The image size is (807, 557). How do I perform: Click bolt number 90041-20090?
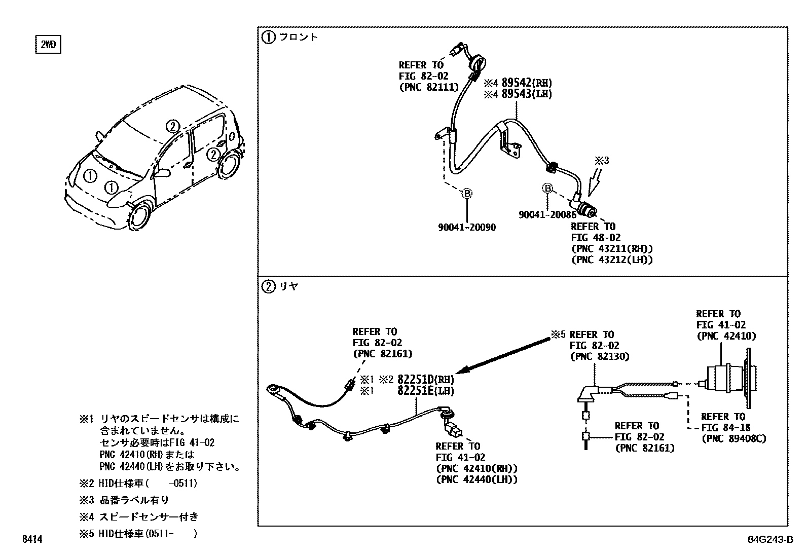coord(467,228)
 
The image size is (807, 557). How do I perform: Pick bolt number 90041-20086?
coord(547,215)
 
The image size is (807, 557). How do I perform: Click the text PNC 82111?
coord(428,87)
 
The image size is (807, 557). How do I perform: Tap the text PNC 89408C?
coord(733,438)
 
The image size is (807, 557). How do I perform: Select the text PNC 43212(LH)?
coord(611,260)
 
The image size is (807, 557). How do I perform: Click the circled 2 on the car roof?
coord(173,126)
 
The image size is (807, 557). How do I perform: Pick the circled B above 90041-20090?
coord(467,193)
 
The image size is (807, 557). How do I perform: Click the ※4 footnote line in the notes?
coord(138,517)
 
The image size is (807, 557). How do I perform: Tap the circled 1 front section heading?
coord(268,36)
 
